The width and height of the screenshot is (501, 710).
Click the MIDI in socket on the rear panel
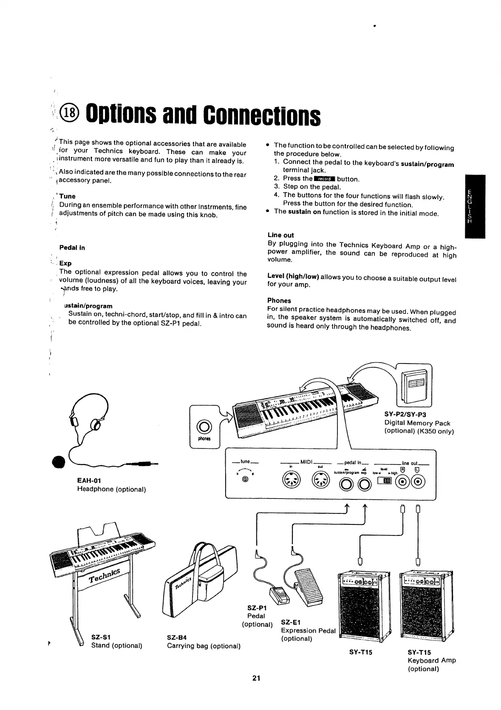292,481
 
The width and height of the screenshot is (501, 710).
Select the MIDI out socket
321,481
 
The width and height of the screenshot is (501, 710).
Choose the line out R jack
402,481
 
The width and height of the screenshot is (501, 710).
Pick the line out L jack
417,481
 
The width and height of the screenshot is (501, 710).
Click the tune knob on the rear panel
245,479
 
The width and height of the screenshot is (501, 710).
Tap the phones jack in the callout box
204,427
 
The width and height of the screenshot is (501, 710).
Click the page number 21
256,678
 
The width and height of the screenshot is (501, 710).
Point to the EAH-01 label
89,480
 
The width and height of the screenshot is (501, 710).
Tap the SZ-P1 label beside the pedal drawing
257,608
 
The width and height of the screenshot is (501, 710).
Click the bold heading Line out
280,235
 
